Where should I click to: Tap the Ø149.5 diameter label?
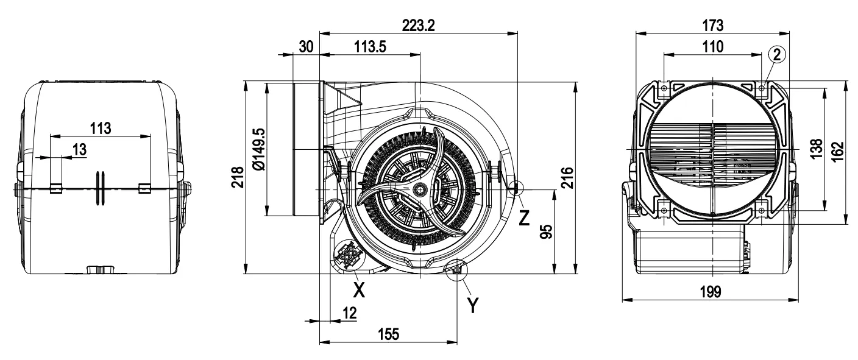tap(258, 149)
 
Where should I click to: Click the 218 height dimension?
tap(237, 177)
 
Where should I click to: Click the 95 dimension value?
tap(546, 232)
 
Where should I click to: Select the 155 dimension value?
tap(388, 334)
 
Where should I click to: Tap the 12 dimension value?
tap(349, 312)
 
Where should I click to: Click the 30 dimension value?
tap(307, 47)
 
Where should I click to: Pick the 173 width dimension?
tap(712, 25)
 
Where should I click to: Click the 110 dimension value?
tap(712, 47)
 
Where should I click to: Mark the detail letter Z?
tap(524, 216)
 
